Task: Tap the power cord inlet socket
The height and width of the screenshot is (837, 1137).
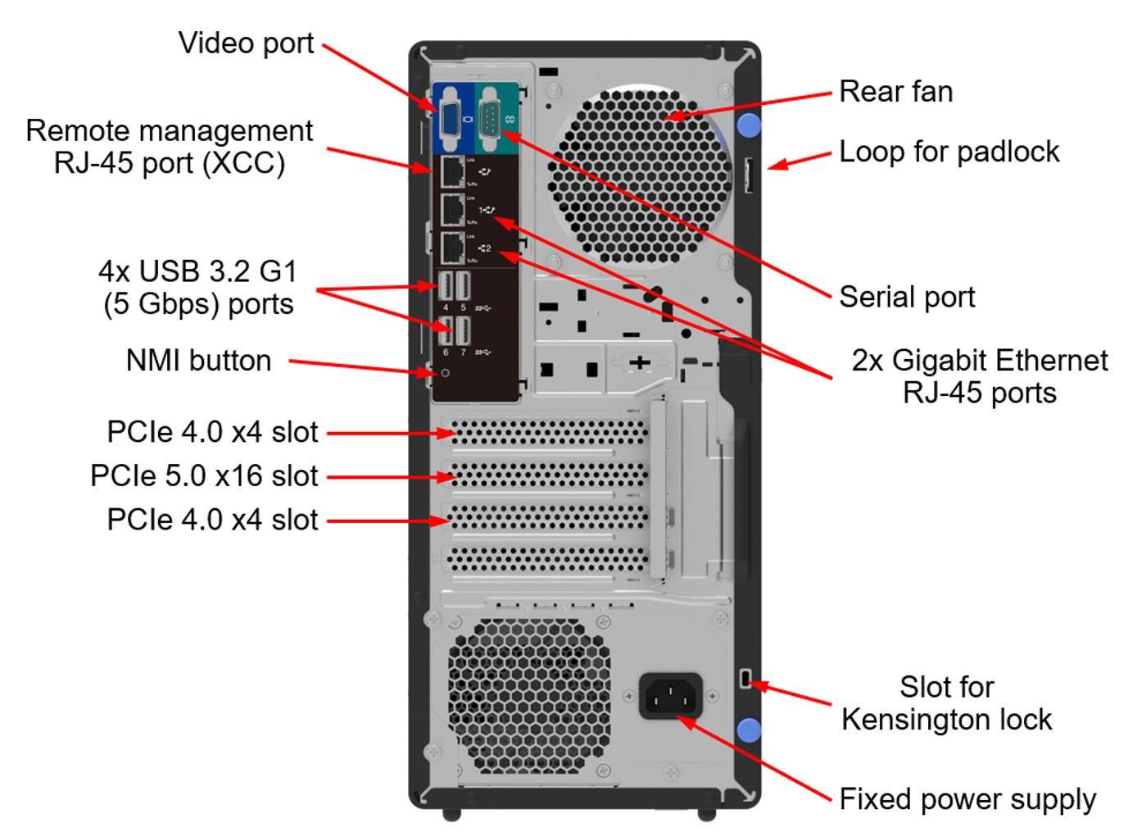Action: (670, 697)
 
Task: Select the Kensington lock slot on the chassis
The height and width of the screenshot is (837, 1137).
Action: (745, 679)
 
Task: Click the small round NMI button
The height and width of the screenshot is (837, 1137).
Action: (446, 373)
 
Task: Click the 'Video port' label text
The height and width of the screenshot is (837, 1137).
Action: (246, 43)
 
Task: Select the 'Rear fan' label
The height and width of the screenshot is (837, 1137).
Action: (895, 91)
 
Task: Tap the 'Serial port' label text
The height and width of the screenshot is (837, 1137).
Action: (907, 297)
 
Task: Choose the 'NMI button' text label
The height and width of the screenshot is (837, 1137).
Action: (198, 361)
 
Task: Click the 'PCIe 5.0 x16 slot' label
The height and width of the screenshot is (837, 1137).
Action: (204, 476)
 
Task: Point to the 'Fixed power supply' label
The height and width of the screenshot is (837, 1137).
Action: (967, 799)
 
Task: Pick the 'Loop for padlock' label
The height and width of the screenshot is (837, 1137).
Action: (949, 152)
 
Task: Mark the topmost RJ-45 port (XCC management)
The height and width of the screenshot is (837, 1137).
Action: (453, 172)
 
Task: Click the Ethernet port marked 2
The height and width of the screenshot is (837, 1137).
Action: (453, 248)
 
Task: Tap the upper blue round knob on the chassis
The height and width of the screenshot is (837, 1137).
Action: (749, 125)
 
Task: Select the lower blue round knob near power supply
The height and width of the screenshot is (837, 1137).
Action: (749, 730)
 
